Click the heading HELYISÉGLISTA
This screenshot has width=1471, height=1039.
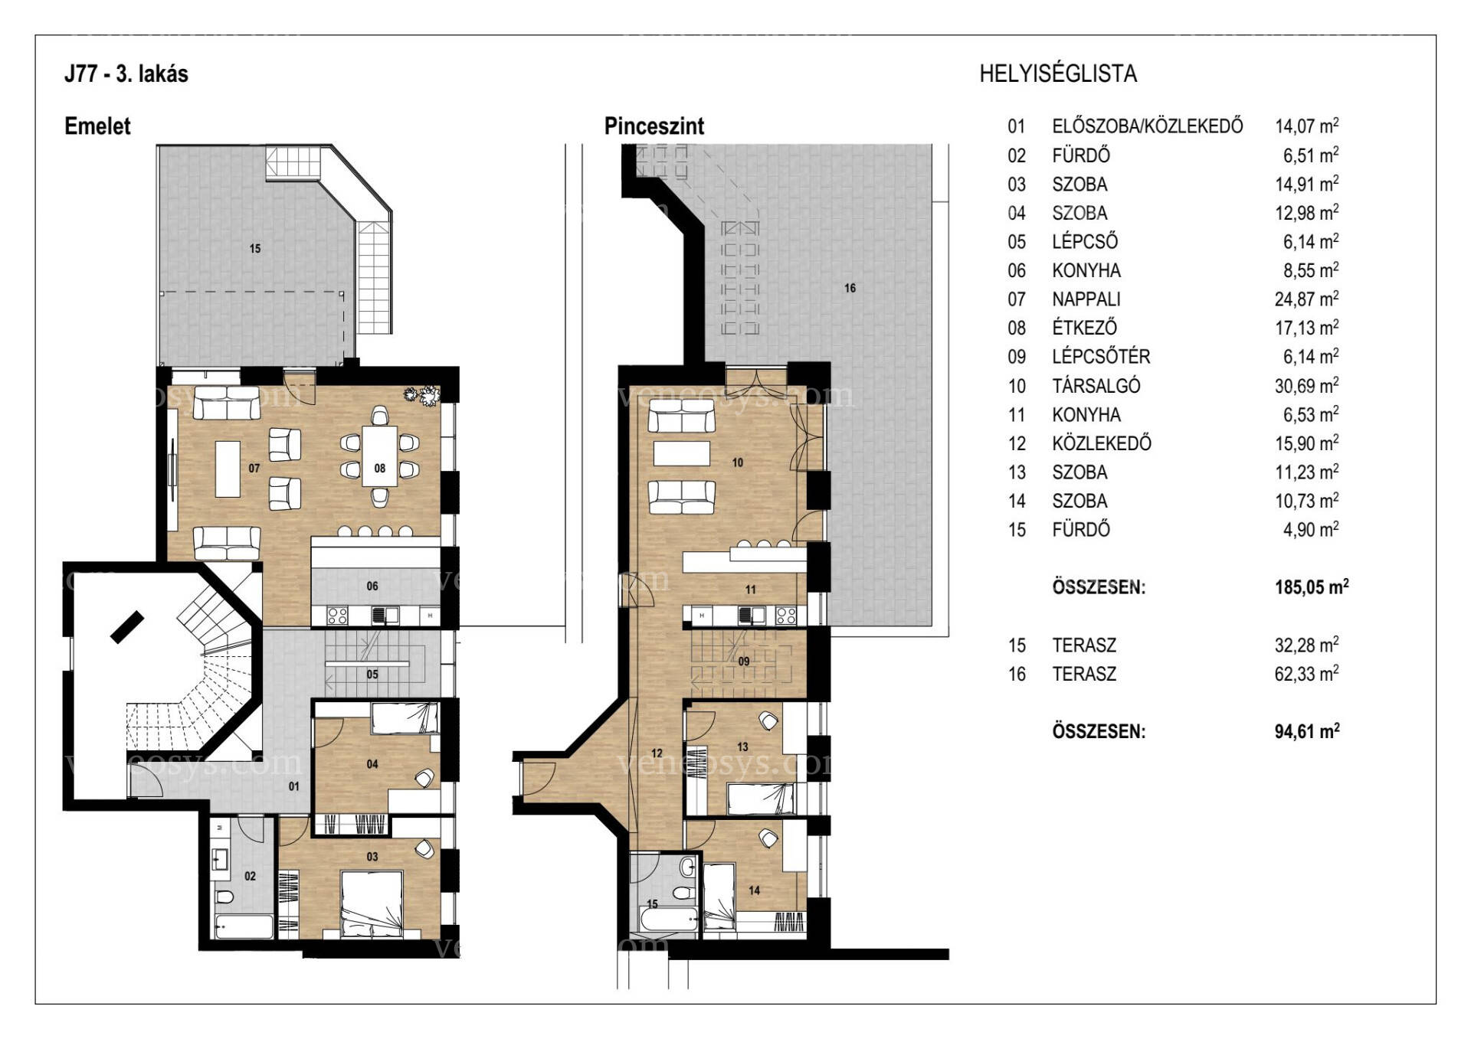point(1058,74)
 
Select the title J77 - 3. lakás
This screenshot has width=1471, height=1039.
point(126,74)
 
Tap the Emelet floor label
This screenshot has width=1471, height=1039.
point(97,126)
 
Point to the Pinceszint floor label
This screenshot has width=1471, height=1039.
point(654,126)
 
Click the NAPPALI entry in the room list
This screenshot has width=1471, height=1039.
point(1086,299)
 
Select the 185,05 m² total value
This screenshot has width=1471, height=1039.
point(1312,587)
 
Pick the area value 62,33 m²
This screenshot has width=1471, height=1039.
point(1307,674)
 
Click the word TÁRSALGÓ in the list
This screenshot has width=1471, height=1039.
point(1096,386)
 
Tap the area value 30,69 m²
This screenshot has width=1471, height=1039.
point(1307,386)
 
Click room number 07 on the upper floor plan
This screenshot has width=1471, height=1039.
point(254,469)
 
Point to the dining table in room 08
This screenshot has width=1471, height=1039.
point(380,456)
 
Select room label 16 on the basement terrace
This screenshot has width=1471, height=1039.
point(850,288)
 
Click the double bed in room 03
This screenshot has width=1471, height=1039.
point(372,903)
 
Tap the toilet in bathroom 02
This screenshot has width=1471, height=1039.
point(224,897)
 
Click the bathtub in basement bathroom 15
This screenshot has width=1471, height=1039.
point(668,920)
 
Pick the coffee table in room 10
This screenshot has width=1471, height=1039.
point(682,453)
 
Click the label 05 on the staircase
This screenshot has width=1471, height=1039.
point(372,675)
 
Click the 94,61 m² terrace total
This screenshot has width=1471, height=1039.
point(1307,731)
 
